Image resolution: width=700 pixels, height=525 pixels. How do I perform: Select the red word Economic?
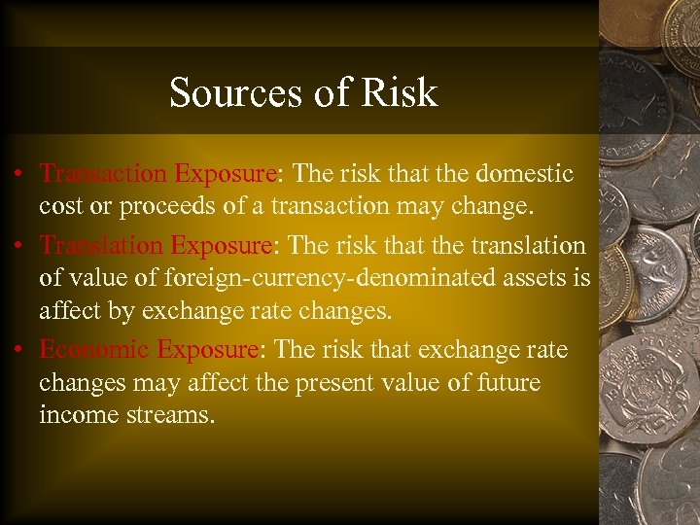point(94,349)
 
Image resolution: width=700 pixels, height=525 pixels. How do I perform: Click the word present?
point(319,383)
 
